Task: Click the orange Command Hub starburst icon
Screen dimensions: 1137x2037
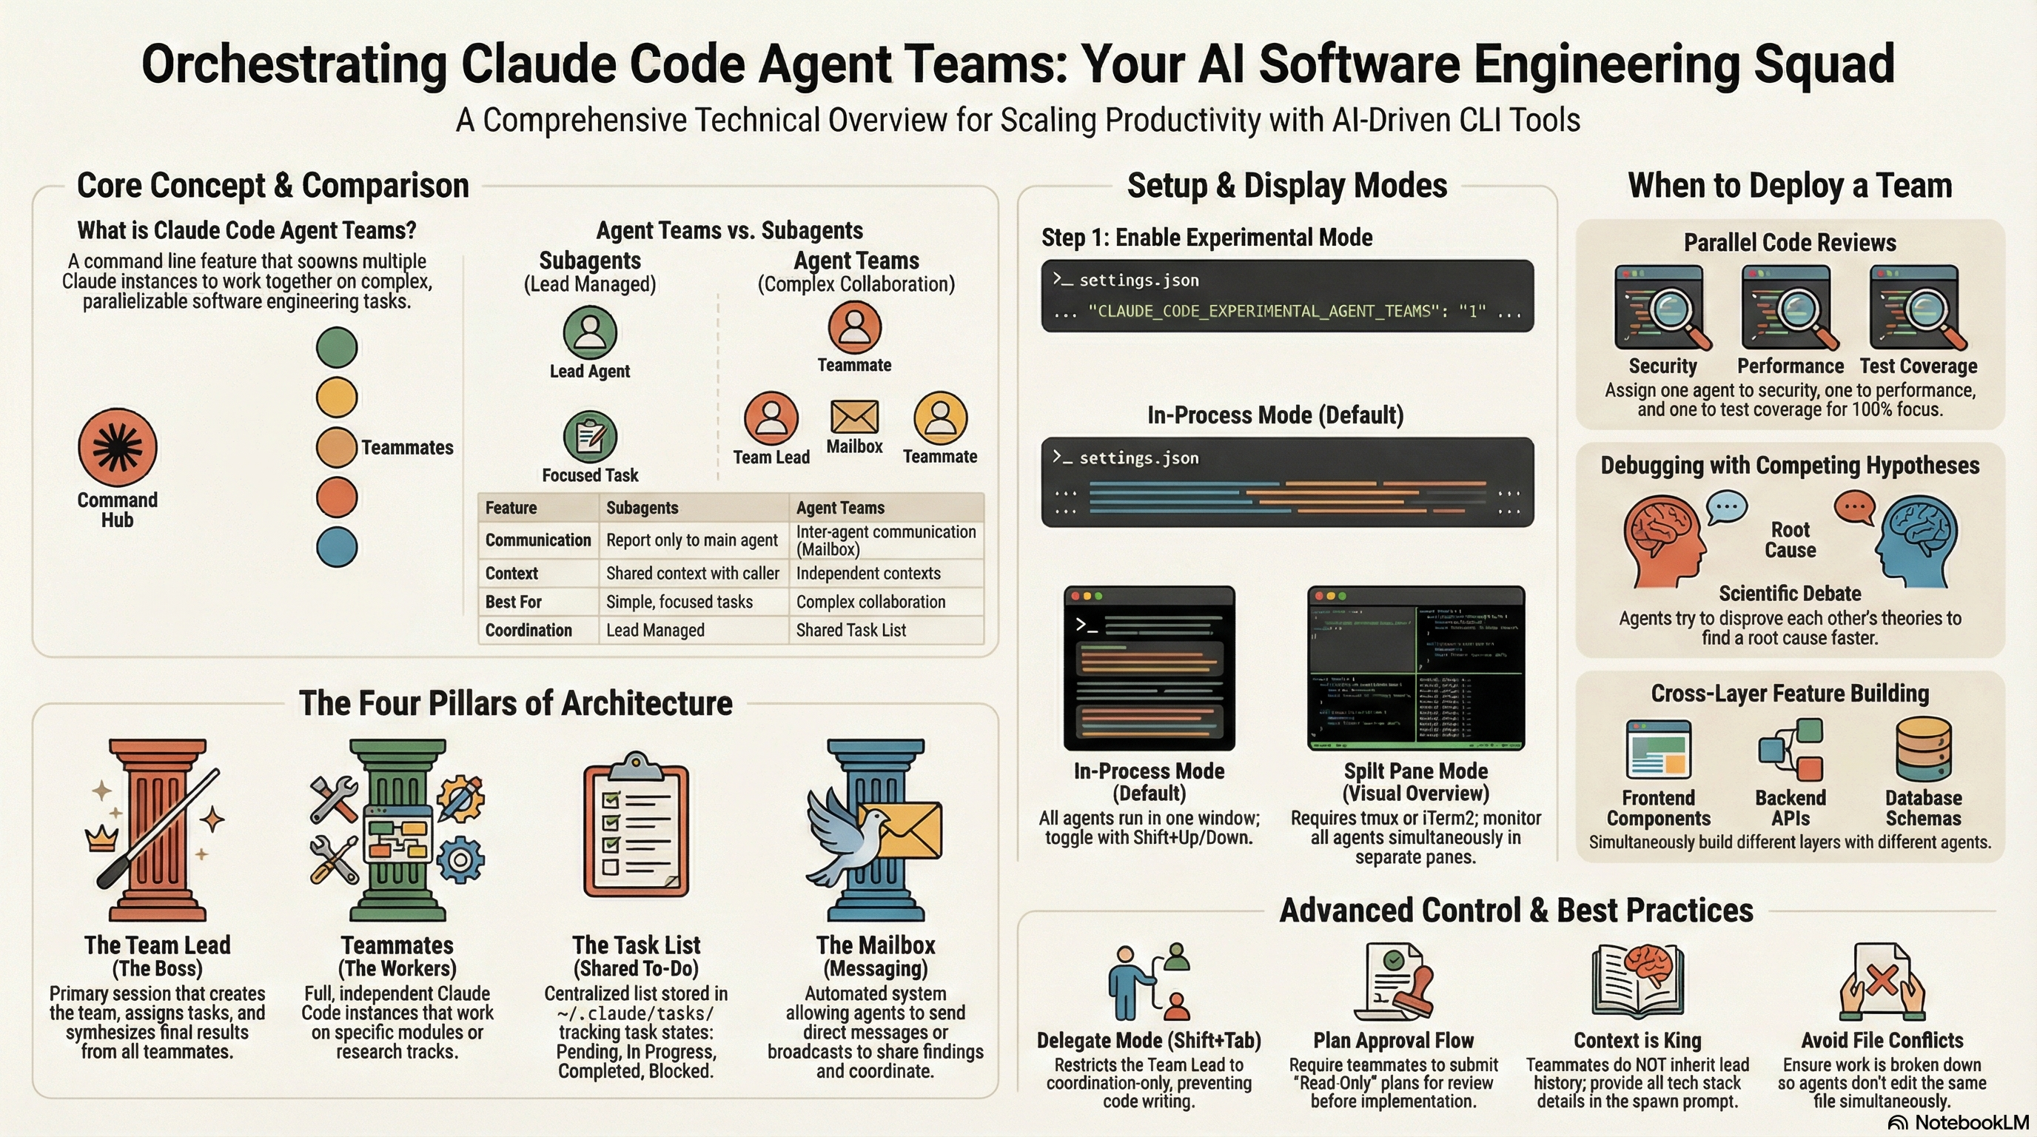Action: click(117, 448)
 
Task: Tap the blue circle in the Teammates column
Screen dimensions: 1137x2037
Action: click(337, 547)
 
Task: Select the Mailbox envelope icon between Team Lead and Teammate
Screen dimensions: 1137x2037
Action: click(854, 416)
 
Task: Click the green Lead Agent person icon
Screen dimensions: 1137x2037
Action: click(590, 332)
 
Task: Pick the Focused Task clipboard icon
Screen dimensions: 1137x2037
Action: click(590, 437)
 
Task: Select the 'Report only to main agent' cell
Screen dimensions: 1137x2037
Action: click(692, 540)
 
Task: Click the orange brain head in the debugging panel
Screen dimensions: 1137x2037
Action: click(1660, 540)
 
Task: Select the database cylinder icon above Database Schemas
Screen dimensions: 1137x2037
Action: click(1923, 749)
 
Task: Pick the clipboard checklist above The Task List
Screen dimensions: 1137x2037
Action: click(636, 827)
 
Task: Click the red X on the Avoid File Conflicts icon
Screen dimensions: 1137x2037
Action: click(1882, 982)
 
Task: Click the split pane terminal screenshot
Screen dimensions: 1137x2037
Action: click(1415, 668)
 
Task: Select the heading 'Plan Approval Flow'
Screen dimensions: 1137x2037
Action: click(1393, 1041)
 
